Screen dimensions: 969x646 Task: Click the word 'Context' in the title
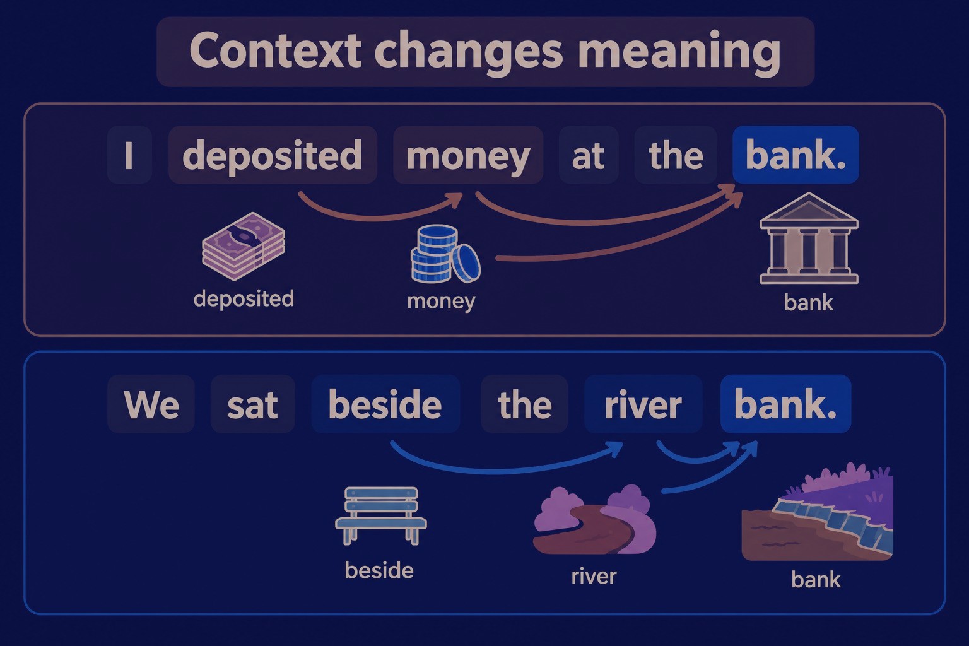[275, 50]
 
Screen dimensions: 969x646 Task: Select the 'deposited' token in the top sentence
[273, 155]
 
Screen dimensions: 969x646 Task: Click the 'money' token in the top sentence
[468, 155]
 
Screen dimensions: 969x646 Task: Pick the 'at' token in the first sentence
[589, 155]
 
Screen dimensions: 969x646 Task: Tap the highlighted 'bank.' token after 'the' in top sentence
[796, 155]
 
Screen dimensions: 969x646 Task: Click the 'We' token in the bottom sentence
[151, 404]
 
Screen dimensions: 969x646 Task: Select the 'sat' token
[252, 404]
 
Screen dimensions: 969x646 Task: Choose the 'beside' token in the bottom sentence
[385, 404]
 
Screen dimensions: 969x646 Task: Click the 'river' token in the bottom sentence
[643, 404]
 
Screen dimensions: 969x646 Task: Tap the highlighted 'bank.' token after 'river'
[785, 404]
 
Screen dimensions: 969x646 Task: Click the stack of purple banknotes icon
[244, 246]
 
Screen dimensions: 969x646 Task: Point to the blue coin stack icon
[445, 254]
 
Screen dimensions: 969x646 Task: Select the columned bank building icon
[809, 238]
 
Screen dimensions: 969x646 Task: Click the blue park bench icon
[381, 515]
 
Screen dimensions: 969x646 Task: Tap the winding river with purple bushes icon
[595, 520]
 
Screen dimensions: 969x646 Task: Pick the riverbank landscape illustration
[817, 512]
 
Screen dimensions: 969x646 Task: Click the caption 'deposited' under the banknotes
[244, 299]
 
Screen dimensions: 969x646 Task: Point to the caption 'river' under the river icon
[594, 577]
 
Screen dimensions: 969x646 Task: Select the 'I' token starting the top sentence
[129, 155]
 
